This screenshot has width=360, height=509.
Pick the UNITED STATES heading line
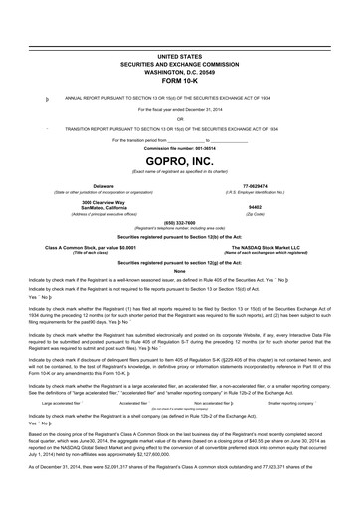click(x=179, y=59)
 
